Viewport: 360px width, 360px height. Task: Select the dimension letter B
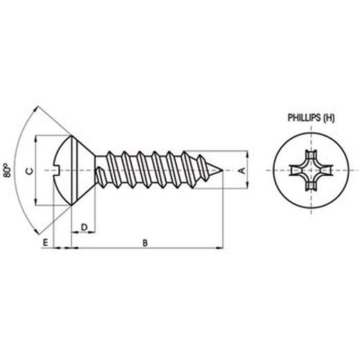click(144, 242)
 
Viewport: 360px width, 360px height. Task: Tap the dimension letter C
click(28, 170)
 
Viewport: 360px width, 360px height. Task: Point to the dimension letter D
click(84, 227)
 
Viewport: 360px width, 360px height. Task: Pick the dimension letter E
click(45, 242)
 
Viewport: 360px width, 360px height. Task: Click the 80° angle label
click(8, 170)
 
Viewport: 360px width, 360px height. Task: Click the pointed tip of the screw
click(224, 170)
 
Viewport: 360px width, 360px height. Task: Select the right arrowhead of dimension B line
click(221, 247)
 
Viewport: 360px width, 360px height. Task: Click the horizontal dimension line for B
click(145, 247)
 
